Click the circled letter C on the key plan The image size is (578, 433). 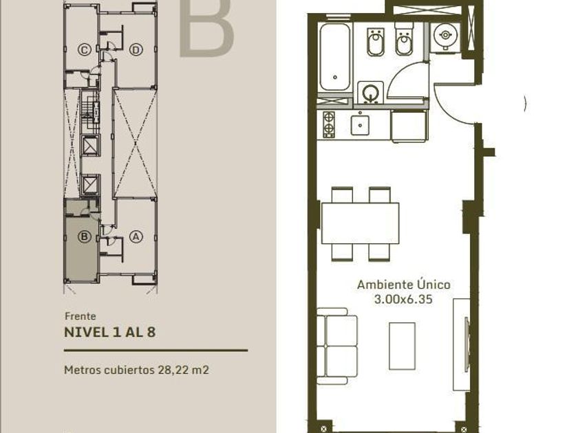(85, 49)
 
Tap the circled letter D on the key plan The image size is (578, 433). (136, 49)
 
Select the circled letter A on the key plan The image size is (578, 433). (136, 236)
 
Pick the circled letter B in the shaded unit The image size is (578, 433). (85, 236)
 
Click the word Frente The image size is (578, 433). (81, 316)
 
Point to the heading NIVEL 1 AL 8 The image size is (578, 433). (110, 332)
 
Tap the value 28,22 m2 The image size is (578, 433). (184, 370)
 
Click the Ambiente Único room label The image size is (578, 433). (404, 285)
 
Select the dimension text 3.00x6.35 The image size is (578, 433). (403, 299)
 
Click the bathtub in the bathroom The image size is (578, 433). (334, 57)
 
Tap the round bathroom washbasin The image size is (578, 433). (370, 92)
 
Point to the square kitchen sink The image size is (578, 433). (360, 125)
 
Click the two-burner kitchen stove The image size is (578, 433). (329, 124)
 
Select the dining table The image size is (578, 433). (361, 223)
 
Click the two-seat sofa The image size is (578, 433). (337, 346)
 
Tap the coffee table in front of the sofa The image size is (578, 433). (402, 346)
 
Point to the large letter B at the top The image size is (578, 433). (206, 27)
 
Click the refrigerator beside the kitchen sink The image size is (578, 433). (409, 126)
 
